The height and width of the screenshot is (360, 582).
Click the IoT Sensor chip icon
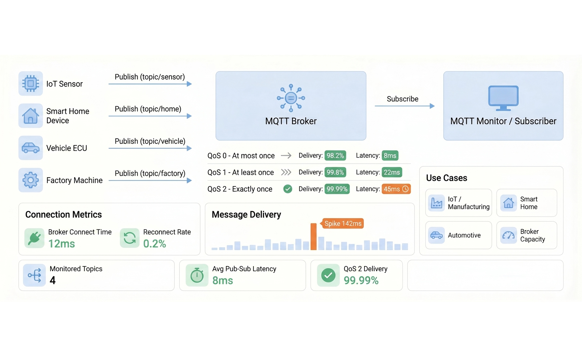coord(31,84)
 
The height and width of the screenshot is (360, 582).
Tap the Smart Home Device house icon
coord(31,116)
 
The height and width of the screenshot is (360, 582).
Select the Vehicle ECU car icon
coord(31,148)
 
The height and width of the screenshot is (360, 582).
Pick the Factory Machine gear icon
coord(31,180)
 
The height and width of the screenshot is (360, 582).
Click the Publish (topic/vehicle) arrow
coord(150,148)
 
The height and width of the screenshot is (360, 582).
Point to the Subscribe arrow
coord(404,106)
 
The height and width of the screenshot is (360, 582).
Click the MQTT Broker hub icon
coord(291,98)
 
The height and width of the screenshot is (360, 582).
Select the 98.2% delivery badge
coord(335,155)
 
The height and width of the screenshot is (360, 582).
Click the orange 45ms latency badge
coord(396,189)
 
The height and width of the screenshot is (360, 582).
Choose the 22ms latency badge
coord(392,172)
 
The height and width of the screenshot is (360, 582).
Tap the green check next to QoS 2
coord(288,189)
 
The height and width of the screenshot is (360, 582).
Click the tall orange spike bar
coord(314,237)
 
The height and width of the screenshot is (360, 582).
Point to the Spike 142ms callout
coord(342,223)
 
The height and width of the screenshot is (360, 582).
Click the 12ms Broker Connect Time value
coord(61,244)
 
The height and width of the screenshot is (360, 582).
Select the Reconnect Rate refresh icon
coord(129,238)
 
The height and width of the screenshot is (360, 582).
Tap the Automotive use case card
coord(459,235)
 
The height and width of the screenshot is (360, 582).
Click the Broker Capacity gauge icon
coord(509,235)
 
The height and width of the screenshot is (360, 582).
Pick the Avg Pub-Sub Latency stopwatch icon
coord(197,275)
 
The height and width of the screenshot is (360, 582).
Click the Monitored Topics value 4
coord(52,280)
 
